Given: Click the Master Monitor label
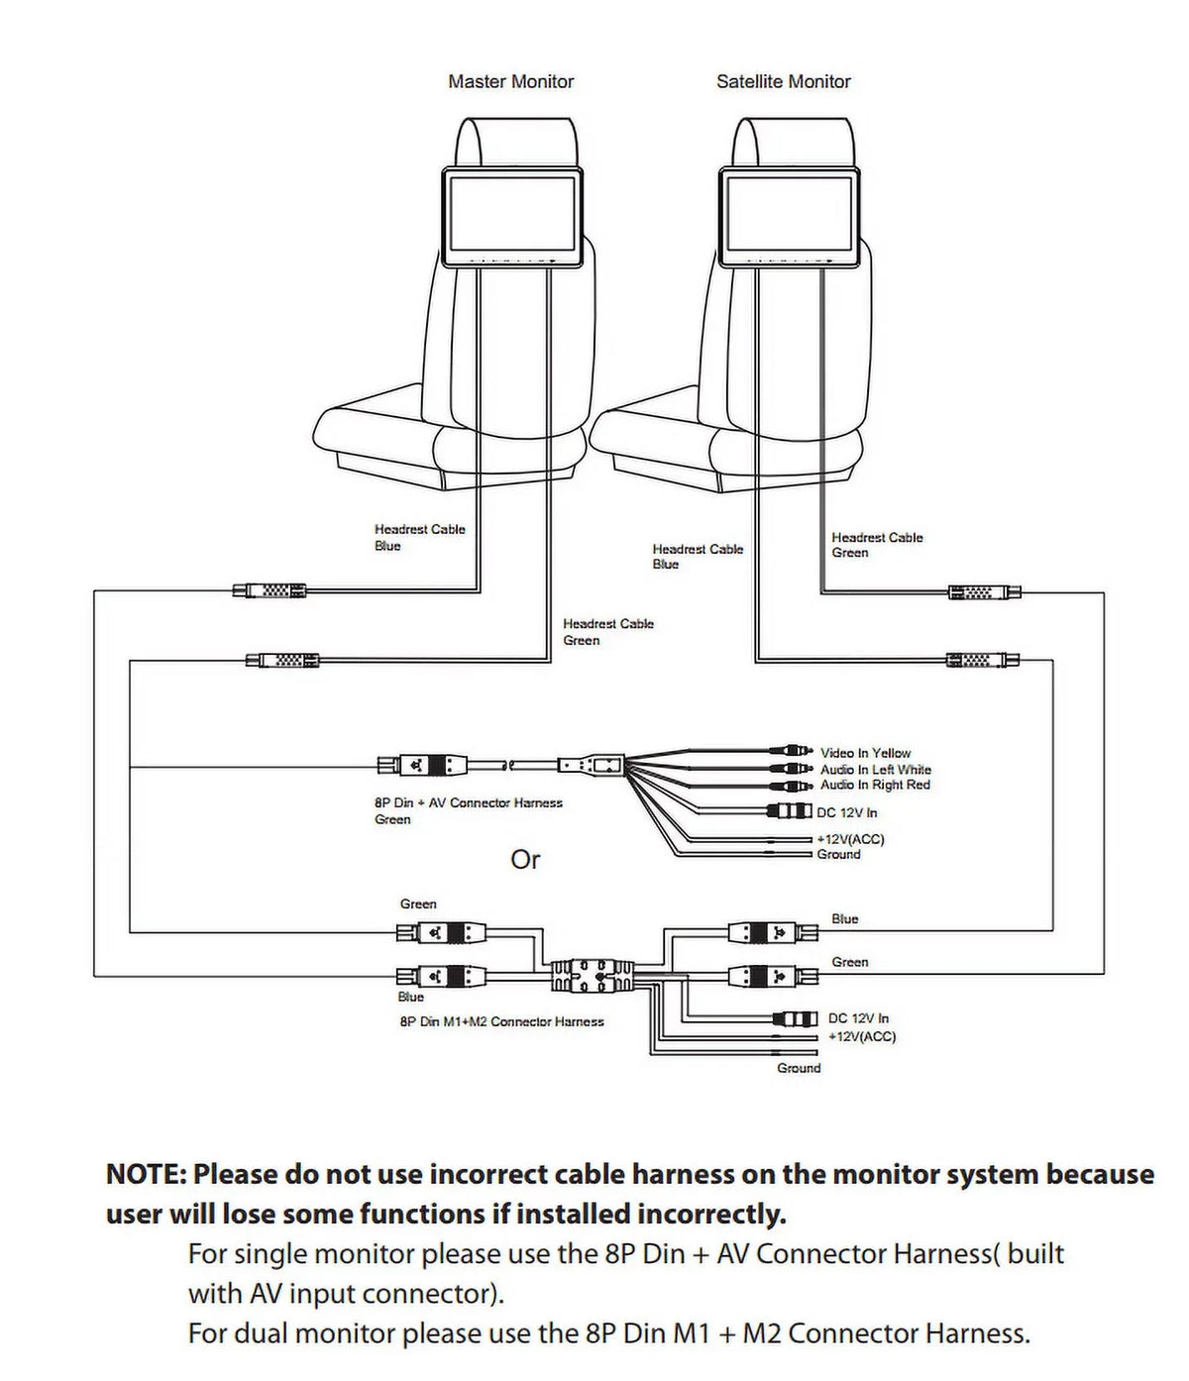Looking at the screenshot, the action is click(x=510, y=81).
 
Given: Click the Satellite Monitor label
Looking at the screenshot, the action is click(x=784, y=81).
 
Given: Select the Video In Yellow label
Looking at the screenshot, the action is click(x=865, y=753).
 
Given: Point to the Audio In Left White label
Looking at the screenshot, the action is click(x=876, y=769).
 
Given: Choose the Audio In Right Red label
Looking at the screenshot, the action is click(x=875, y=785).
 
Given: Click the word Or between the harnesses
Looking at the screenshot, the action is click(x=525, y=860).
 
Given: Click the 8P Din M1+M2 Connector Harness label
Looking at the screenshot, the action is click(x=501, y=1021).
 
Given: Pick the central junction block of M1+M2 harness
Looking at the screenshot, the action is click(x=592, y=975).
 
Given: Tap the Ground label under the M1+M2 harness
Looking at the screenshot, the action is click(x=799, y=1068).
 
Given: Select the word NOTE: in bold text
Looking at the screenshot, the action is click(x=147, y=1174).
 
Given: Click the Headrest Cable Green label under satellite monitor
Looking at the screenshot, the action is click(x=877, y=545).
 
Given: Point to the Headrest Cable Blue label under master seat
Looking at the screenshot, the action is click(x=420, y=537).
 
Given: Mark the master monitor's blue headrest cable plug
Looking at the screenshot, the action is click(x=270, y=590).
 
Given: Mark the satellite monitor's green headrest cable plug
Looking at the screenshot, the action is click(x=985, y=592).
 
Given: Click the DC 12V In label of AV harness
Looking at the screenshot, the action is click(x=847, y=812).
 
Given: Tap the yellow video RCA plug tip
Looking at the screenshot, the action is click(x=811, y=752).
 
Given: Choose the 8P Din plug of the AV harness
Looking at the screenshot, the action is click(x=422, y=764).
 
